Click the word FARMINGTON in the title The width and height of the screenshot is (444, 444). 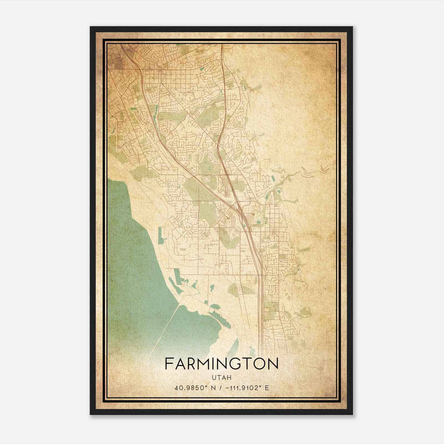coord(221,364)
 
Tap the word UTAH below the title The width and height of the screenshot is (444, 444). coord(221,378)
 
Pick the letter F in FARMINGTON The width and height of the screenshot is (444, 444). coord(169,364)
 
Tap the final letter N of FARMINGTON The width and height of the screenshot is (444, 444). coord(273,364)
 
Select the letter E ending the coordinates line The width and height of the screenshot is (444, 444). coord(267,388)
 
